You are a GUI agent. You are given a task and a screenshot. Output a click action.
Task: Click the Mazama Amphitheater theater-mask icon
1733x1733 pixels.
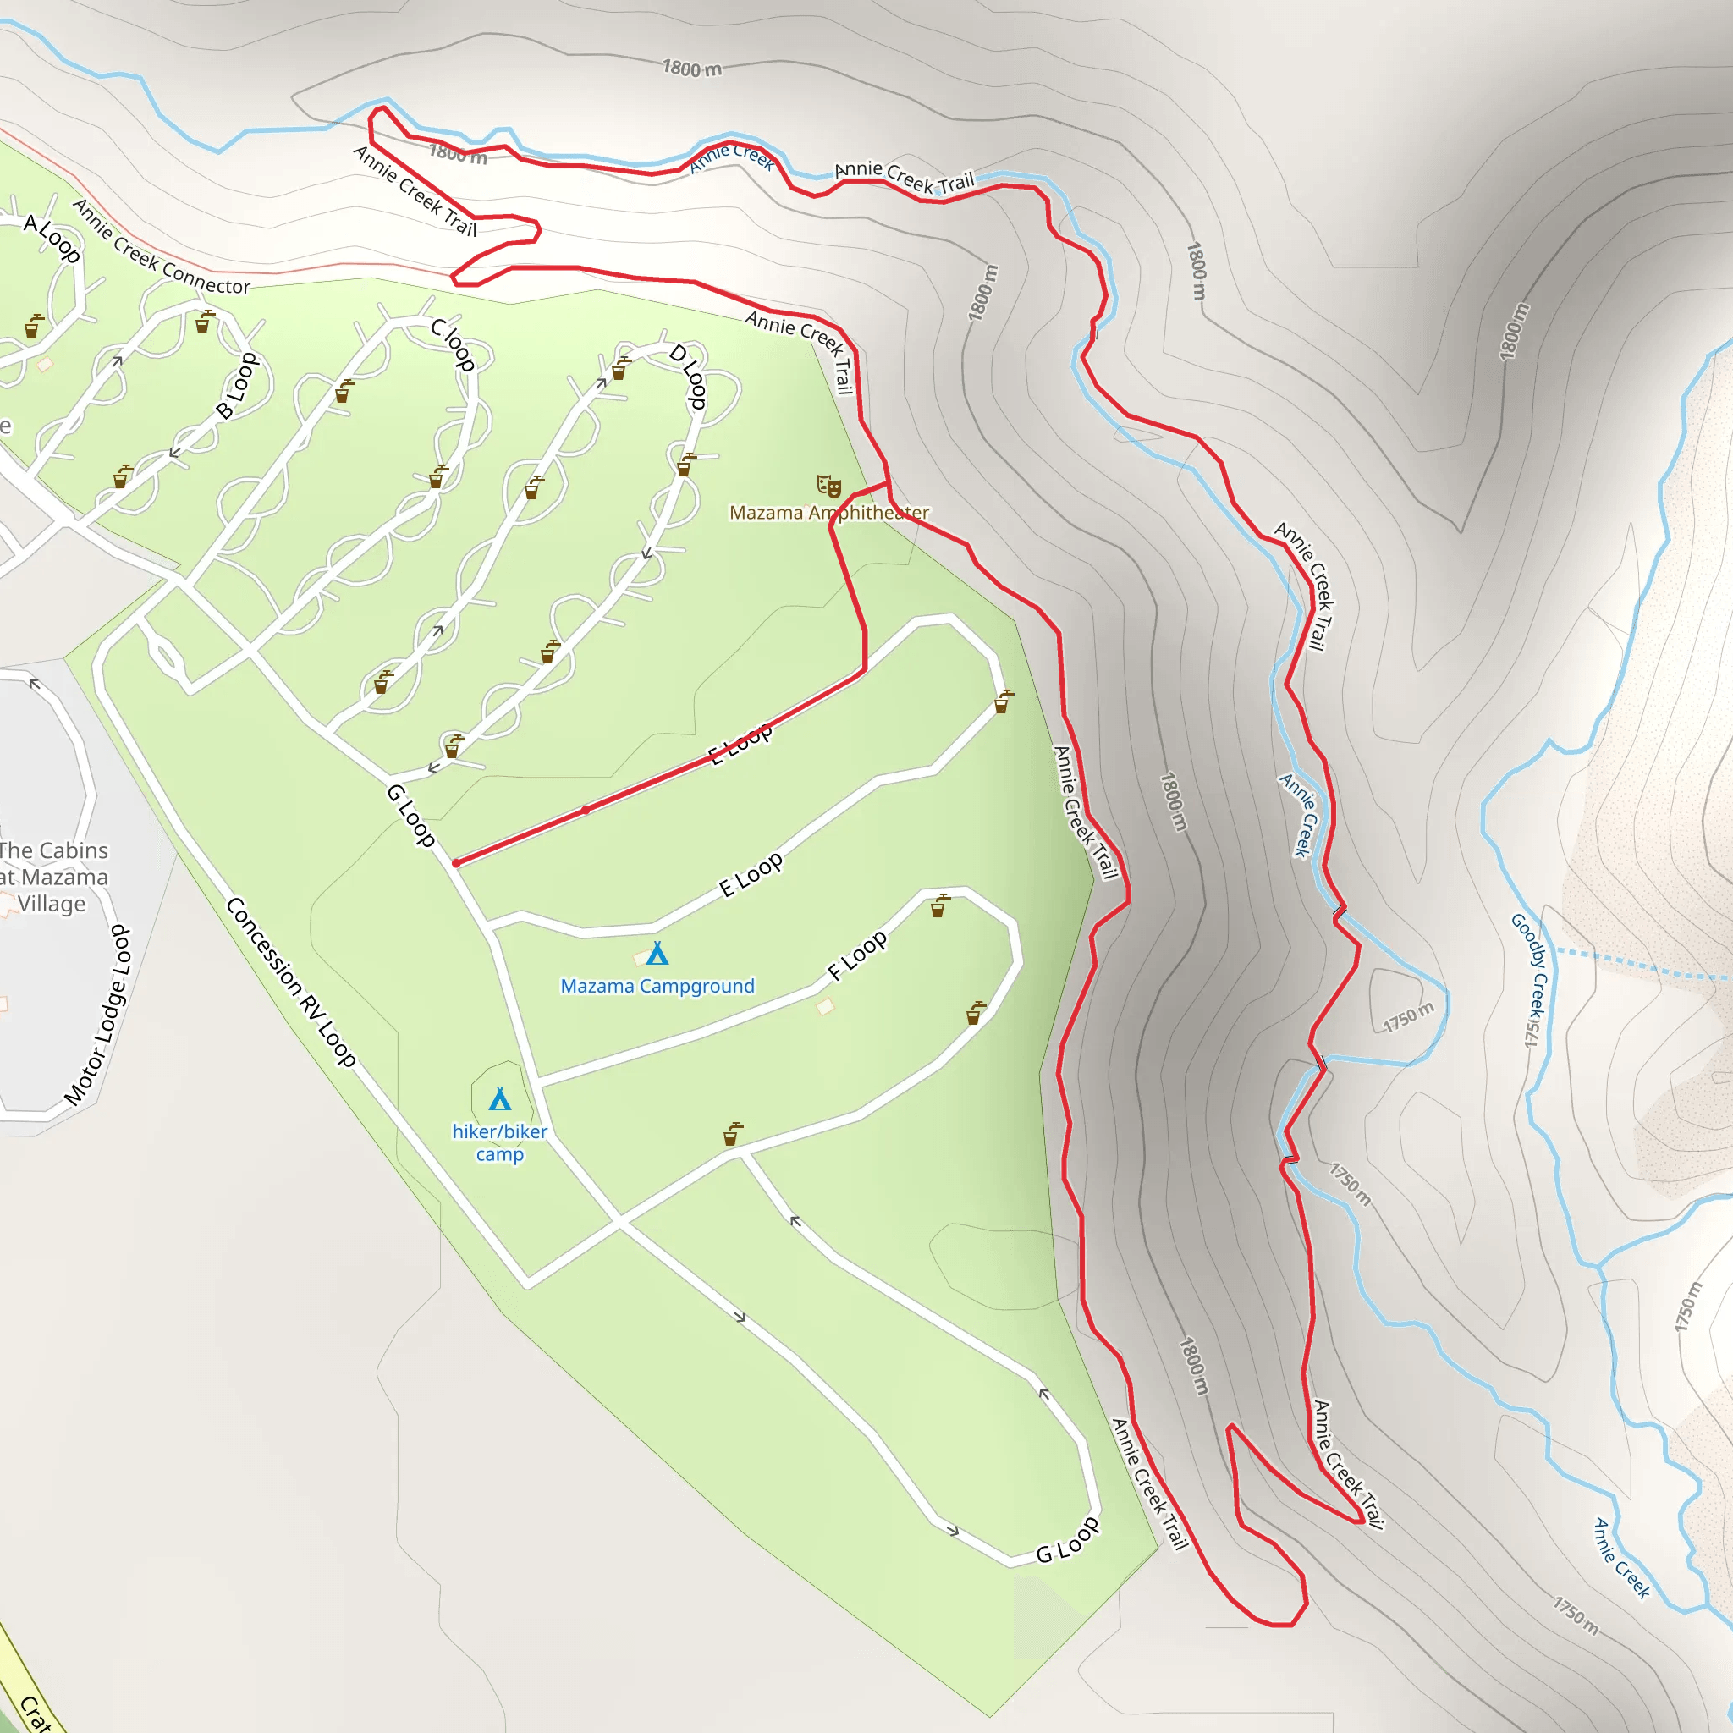828,487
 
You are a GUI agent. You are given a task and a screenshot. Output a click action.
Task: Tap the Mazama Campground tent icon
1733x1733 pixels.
657,953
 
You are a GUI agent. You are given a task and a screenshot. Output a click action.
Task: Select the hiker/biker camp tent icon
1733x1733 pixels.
499,1099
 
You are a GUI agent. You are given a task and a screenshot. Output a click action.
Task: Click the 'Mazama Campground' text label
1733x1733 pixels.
657,986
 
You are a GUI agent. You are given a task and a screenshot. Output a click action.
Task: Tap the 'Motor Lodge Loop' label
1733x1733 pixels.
99,1015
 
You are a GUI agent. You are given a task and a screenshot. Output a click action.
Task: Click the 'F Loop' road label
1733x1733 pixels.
857,955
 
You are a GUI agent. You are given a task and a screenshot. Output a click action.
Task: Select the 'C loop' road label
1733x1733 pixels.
453,344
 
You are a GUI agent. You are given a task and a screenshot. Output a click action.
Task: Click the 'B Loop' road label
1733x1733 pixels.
237,386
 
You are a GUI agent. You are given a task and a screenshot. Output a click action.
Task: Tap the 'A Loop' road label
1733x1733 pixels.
52,238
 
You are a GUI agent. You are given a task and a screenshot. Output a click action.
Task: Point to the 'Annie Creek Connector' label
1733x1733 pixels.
162,248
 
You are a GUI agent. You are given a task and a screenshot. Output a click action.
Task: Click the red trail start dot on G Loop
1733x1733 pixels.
457,863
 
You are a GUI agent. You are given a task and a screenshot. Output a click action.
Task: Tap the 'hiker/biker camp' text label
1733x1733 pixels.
499,1142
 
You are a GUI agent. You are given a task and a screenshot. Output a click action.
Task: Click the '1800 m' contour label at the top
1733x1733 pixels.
691,69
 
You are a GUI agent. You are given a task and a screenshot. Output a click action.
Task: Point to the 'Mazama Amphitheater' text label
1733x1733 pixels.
828,513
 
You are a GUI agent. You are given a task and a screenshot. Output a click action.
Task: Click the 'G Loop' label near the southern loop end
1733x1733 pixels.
1067,1541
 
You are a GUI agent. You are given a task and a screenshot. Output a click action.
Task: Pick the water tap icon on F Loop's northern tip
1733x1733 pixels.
939,905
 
